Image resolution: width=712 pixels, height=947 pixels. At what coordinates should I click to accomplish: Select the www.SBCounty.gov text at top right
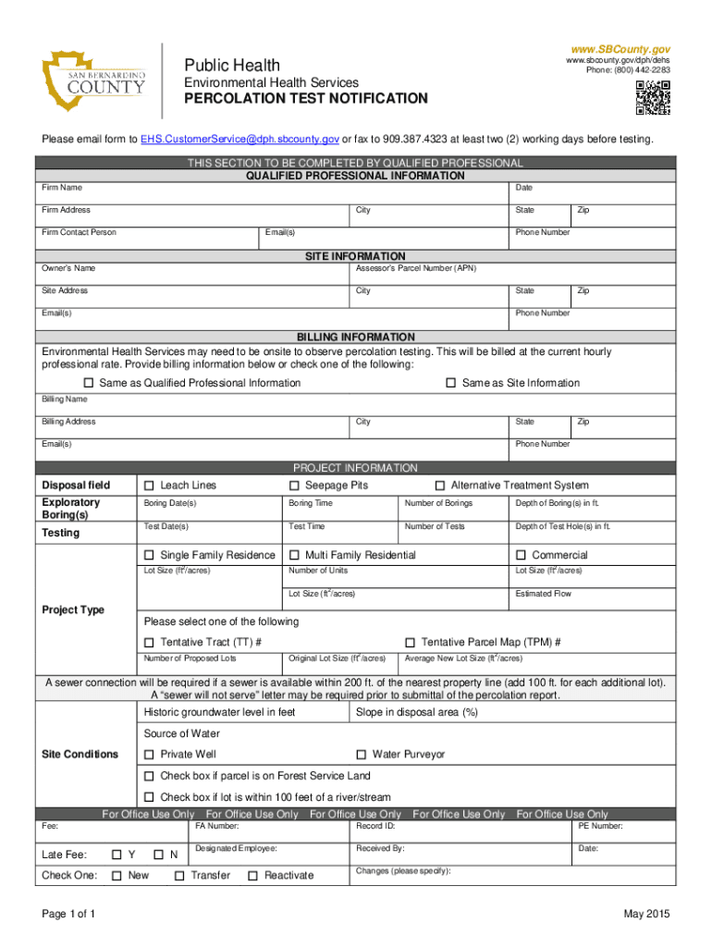pyautogui.click(x=620, y=49)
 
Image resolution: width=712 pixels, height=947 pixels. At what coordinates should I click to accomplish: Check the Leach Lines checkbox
pyautogui.click(x=149, y=486)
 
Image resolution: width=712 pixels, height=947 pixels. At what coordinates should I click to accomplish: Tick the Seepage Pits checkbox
pyautogui.click(x=294, y=486)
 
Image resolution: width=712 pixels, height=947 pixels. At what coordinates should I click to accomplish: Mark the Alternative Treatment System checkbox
pyautogui.click(x=440, y=486)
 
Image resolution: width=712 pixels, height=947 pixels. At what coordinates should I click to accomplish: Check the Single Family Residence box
pyautogui.click(x=149, y=556)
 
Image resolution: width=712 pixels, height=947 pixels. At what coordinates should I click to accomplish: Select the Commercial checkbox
pyautogui.click(x=522, y=556)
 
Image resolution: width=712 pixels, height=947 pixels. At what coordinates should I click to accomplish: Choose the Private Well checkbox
pyautogui.click(x=149, y=755)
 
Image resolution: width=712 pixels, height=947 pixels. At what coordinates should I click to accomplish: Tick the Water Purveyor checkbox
pyautogui.click(x=362, y=755)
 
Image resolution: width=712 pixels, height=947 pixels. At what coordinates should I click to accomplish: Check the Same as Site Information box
pyautogui.click(x=451, y=383)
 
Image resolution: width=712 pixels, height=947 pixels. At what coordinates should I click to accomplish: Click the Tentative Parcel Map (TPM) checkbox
pyautogui.click(x=410, y=643)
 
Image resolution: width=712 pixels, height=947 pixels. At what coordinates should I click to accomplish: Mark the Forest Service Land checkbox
pyautogui.click(x=149, y=776)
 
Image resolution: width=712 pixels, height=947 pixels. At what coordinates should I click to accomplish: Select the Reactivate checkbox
pyautogui.click(x=252, y=876)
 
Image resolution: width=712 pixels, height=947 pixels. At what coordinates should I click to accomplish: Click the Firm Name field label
pyautogui.click(x=62, y=188)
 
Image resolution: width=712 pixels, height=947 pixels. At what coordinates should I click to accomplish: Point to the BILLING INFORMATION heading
pyautogui.click(x=355, y=337)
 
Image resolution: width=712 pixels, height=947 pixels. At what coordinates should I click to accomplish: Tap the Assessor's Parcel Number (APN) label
pyautogui.click(x=415, y=268)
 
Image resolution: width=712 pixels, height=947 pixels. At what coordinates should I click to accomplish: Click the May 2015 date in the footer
pyautogui.click(x=646, y=915)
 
